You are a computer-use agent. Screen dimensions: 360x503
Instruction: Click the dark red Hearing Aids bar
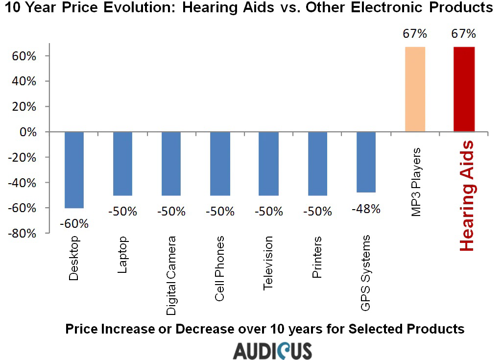[x=464, y=89]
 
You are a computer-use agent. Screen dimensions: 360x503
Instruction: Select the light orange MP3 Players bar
[x=415, y=89]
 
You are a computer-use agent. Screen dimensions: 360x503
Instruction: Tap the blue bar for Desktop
[x=74, y=170]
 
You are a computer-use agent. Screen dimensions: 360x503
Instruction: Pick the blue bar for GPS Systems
[x=366, y=162]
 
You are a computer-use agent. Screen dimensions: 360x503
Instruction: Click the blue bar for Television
[x=268, y=164]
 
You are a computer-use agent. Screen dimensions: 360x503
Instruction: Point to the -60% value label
[x=74, y=224]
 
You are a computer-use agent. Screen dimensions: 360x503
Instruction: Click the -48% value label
[x=366, y=209]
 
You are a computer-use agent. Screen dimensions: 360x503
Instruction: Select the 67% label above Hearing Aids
[x=464, y=34]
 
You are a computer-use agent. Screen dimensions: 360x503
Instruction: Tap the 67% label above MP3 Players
[x=415, y=34]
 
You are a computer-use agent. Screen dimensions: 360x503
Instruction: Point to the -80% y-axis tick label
[x=24, y=234]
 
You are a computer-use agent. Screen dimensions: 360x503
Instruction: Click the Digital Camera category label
[x=171, y=275]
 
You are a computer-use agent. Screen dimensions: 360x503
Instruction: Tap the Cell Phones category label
[x=220, y=269]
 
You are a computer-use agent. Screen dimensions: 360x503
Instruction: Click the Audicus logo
[x=272, y=350]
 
